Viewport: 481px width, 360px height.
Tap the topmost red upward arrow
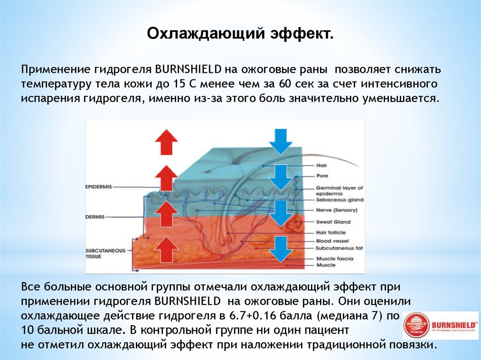pyautogui.click(x=167, y=141)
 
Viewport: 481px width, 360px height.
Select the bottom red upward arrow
pyautogui.click(x=167, y=249)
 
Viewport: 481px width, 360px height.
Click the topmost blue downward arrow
pyautogui.click(x=281, y=140)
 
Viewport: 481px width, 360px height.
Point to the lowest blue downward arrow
pyautogui.click(x=281, y=249)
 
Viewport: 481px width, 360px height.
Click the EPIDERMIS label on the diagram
pyautogui.click(x=99, y=186)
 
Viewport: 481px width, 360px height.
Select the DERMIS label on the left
pyautogui.click(x=95, y=217)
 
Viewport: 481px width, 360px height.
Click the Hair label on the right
pyautogui.click(x=322, y=166)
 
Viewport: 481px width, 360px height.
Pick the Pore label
pyautogui.click(x=322, y=176)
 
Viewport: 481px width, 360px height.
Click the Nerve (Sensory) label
pyautogui.click(x=337, y=210)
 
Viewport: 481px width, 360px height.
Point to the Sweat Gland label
pyautogui.click(x=333, y=222)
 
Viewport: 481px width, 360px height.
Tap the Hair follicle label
pyautogui.click(x=331, y=232)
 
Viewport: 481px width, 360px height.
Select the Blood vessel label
pyautogui.click(x=332, y=241)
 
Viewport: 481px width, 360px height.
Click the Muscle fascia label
pyautogui.click(x=334, y=259)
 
